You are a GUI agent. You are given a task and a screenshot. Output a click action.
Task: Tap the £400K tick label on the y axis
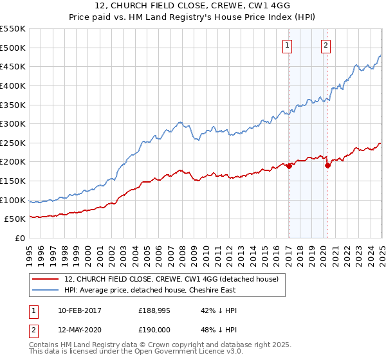coord(13,85)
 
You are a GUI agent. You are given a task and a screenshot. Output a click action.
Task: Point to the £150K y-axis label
coord(13,181)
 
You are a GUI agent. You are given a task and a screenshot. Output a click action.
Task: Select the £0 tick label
coord(20,239)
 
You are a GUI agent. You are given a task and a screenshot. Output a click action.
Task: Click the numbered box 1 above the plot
coord(286,45)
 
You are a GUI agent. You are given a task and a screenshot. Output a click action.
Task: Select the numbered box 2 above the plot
coord(326,45)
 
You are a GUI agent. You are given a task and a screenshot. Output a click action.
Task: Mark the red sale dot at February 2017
coord(289,166)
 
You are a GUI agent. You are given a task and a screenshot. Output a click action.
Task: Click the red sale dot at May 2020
coord(327,165)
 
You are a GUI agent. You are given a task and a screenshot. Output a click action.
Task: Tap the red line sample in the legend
coord(45,279)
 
